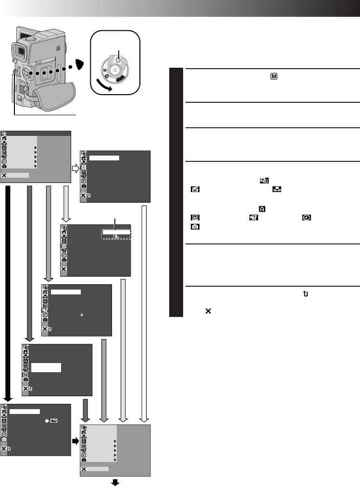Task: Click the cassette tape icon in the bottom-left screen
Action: (x=54, y=420)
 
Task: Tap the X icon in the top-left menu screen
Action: (x=4, y=175)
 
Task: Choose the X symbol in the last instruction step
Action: (x=208, y=311)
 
